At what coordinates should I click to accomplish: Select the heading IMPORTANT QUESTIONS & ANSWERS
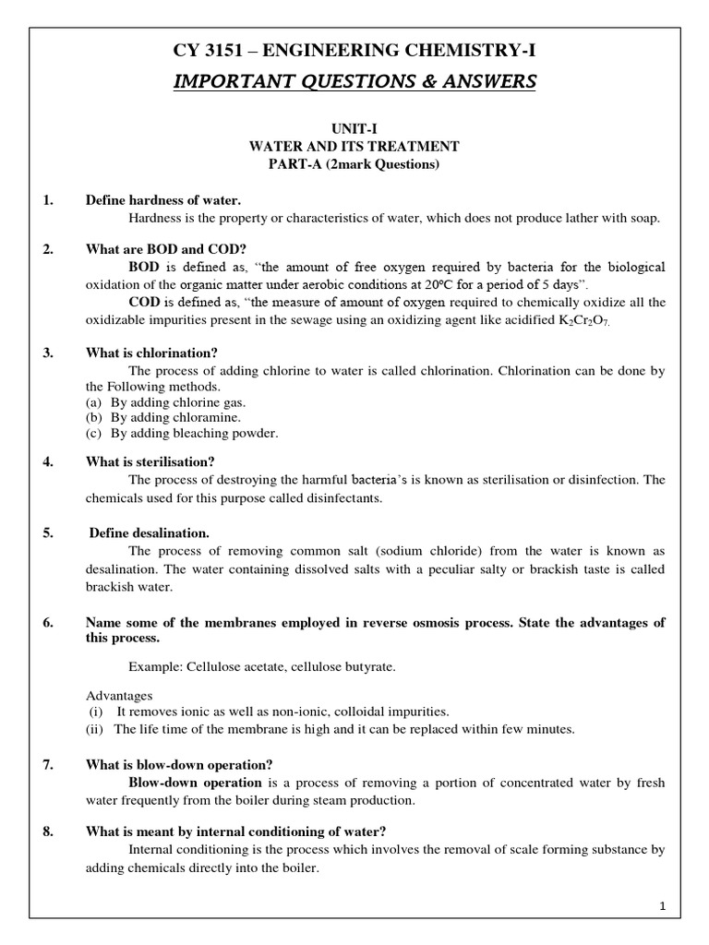(x=354, y=83)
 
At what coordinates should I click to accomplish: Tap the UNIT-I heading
(x=354, y=131)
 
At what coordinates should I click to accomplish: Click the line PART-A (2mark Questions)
(x=354, y=165)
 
